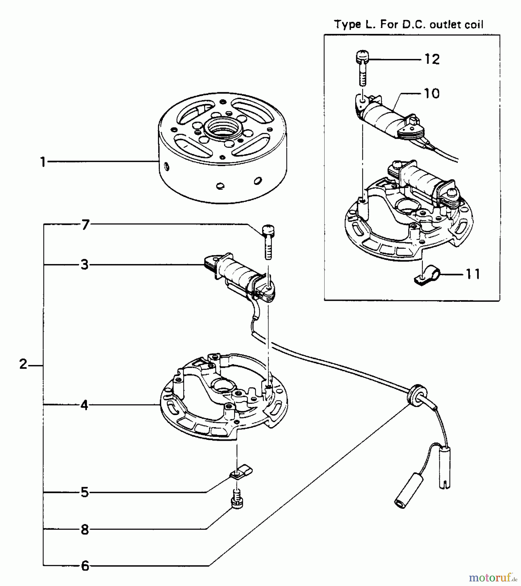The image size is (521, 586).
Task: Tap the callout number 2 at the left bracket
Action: click(x=23, y=364)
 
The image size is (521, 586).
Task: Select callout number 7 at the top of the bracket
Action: click(x=85, y=225)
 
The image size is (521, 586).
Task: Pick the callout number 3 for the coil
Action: click(x=85, y=265)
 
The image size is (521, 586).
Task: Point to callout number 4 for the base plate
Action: click(x=84, y=405)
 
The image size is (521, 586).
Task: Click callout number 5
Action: click(x=85, y=492)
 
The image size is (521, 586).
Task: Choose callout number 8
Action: click(x=85, y=530)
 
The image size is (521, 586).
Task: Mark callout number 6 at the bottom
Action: click(x=85, y=566)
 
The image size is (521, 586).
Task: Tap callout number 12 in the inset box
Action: click(x=432, y=59)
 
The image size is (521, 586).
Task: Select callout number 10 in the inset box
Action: click(x=432, y=94)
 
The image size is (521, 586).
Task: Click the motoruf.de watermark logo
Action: click(x=490, y=578)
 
